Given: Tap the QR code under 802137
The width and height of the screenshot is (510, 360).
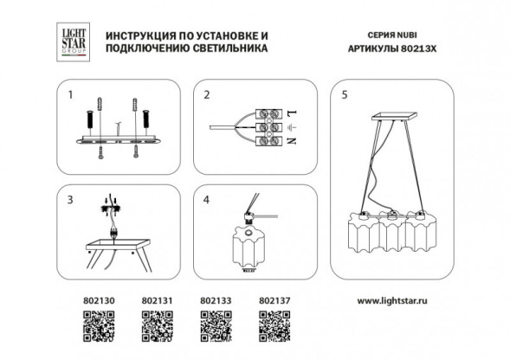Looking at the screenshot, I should coord(274,332).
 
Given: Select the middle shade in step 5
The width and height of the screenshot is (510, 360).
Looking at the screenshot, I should coord(391,232).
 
